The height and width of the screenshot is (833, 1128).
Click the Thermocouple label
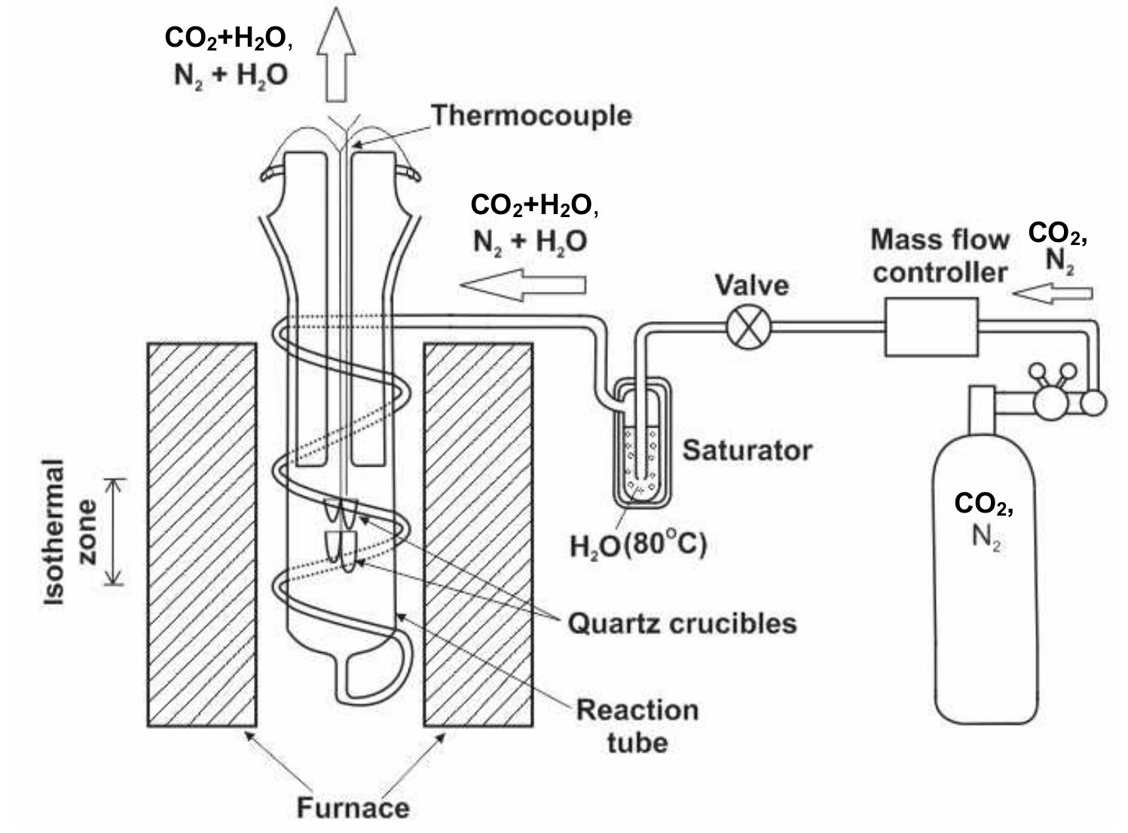[531, 116]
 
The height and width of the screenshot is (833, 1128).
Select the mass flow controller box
[931, 326]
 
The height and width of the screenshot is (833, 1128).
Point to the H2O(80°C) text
[638, 544]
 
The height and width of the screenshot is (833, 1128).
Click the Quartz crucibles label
[682, 623]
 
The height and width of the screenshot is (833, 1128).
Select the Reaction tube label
[637, 726]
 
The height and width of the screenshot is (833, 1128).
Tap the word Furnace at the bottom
[353, 807]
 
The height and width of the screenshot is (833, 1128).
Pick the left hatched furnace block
[201, 534]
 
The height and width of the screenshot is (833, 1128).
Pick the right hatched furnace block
[478, 534]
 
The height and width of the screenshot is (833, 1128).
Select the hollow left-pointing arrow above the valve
[523, 284]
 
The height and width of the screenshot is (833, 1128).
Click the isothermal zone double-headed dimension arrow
[114, 531]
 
